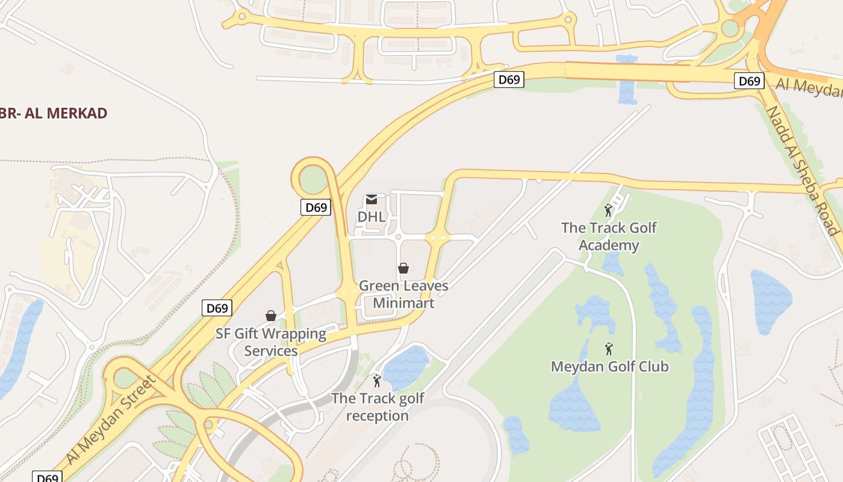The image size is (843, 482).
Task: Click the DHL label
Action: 371,216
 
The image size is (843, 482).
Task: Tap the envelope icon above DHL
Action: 372,199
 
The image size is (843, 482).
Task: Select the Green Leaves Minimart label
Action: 403,294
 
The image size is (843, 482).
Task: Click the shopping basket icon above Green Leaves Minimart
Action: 403,268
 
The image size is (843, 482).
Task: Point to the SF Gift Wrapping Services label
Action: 271,342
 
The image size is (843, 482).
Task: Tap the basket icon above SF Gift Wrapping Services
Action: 271,316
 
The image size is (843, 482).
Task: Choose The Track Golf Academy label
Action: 609,236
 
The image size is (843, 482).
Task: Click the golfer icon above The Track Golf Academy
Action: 608,210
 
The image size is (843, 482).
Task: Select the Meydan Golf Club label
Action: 609,366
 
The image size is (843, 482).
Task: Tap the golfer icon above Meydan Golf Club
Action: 609,349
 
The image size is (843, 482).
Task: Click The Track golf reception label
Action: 378,407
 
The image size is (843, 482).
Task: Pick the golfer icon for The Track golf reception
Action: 377,381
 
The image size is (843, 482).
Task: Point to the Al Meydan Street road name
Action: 111,420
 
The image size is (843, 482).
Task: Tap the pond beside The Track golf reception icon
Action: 406,366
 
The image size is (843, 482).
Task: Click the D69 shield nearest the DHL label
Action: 316,208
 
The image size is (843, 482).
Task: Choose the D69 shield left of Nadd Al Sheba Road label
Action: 749,81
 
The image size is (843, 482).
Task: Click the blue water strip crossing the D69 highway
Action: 627,81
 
